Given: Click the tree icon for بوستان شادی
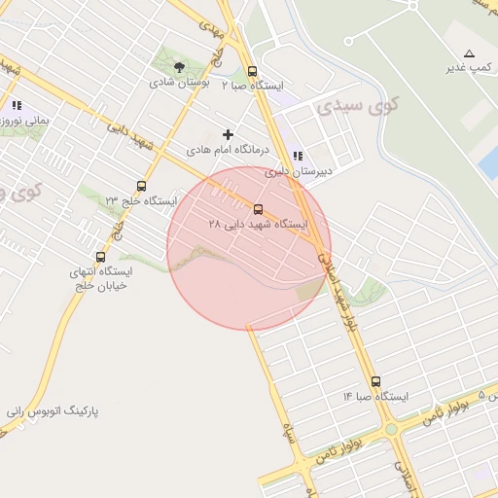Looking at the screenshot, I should click(x=180, y=66).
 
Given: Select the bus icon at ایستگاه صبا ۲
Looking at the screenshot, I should click(x=253, y=71).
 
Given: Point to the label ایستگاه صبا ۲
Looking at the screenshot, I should click(x=253, y=87).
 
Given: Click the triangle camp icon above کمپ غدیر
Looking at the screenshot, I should click(x=470, y=53).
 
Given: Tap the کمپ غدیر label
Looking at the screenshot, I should click(x=468, y=68).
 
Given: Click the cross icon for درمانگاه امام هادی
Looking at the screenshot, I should click(x=229, y=133).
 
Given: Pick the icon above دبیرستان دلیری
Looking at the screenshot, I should click(x=298, y=156).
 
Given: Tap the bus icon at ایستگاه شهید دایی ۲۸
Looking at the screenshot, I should click(x=258, y=209).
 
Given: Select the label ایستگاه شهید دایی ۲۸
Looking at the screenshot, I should click(x=258, y=225).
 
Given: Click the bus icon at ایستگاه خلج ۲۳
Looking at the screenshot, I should click(x=142, y=186).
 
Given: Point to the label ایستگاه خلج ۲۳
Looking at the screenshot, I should click(x=142, y=201).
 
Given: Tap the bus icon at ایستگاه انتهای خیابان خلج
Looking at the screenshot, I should click(x=100, y=257).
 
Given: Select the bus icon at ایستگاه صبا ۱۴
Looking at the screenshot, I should click(x=376, y=381).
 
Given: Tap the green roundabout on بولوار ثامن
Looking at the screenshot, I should click(x=391, y=429).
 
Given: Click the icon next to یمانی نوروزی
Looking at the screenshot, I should click(x=17, y=105).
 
